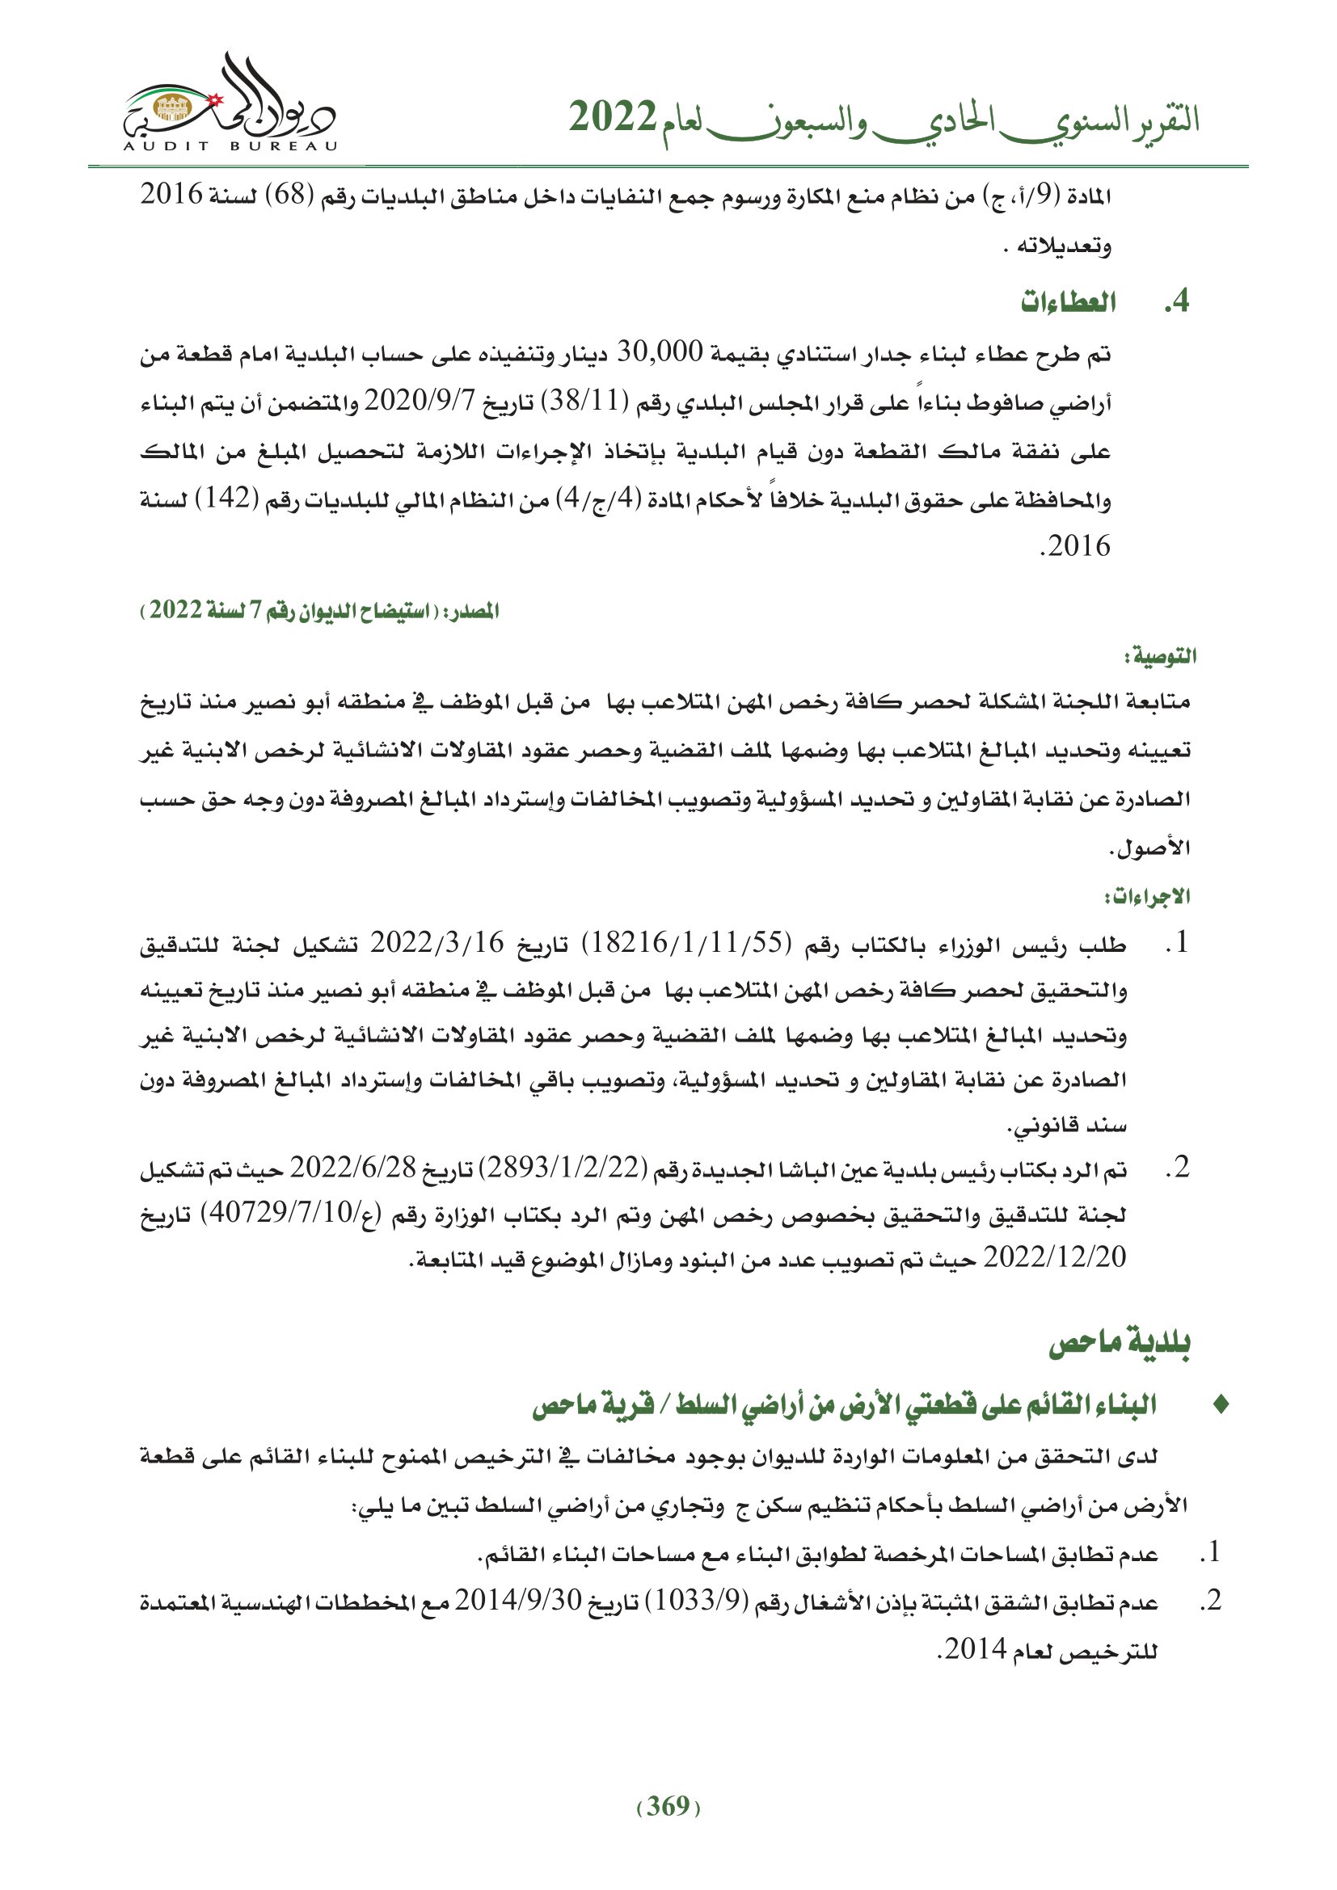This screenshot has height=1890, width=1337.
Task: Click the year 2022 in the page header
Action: (613, 119)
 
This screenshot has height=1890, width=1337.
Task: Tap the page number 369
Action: (668, 1806)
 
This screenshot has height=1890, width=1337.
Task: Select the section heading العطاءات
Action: (1068, 303)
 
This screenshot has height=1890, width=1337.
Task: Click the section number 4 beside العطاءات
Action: (1178, 302)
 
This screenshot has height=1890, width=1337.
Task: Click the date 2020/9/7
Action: (420, 402)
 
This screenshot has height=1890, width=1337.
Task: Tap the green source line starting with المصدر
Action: (321, 611)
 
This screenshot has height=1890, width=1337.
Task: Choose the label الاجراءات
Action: (1149, 896)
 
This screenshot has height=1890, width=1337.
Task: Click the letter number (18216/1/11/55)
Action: (686, 943)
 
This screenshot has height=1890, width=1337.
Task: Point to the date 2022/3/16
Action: (437, 943)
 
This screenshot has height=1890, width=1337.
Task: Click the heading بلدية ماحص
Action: (1120, 1344)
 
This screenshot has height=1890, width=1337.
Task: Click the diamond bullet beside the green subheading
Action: (1221, 1405)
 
